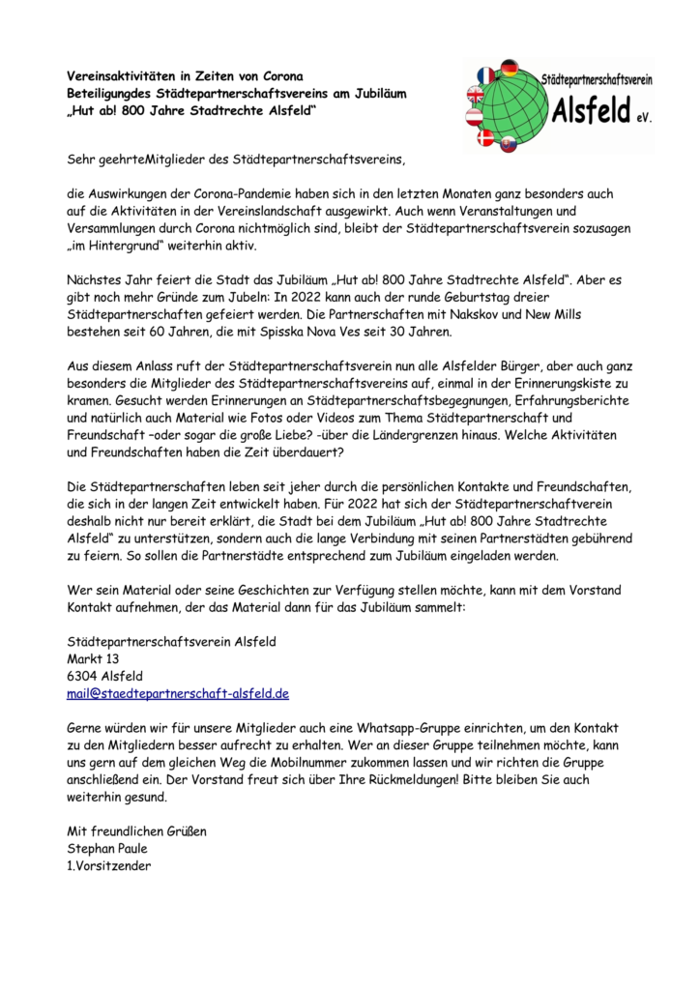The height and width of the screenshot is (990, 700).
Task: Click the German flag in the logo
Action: [510, 68]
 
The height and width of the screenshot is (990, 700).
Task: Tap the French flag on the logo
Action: [486, 75]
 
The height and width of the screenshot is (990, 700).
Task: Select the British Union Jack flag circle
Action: [476, 95]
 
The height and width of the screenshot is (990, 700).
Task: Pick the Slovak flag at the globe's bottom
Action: [509, 145]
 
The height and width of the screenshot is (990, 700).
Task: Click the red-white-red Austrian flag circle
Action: [474, 117]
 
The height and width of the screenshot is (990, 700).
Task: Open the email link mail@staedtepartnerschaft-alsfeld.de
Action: [178, 693]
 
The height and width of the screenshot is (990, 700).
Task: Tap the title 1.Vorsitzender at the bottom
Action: [109, 865]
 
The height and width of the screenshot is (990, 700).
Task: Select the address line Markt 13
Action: [94, 658]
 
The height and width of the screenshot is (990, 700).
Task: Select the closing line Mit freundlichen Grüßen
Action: [136, 830]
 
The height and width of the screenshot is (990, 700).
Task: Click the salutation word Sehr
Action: [83, 158]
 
